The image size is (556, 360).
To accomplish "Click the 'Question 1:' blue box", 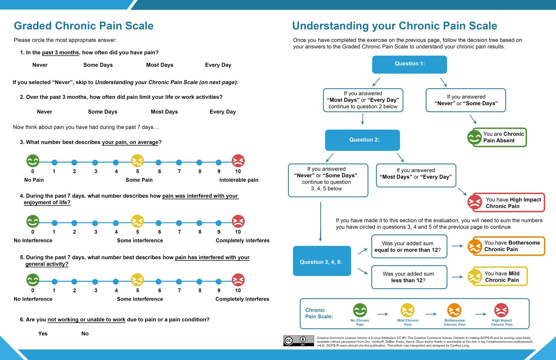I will coord(409,64).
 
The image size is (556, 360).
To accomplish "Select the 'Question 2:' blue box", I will coord(362,140).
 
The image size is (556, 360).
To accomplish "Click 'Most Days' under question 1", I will coord(160,65).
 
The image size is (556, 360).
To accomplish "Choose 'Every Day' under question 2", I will coord(223,112).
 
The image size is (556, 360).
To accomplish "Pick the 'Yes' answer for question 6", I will coord(43,334).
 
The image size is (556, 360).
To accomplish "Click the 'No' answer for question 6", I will coord(85,334).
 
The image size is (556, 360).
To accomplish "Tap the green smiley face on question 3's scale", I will coord(33,161).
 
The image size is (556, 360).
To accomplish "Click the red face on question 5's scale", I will coord(238,280).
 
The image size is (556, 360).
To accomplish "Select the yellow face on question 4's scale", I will coord(137,221).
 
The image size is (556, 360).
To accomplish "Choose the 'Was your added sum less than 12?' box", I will coord(409,277).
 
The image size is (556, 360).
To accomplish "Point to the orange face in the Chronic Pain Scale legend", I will coord(454,310).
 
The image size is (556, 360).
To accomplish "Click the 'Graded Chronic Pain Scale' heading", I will coord(84,26).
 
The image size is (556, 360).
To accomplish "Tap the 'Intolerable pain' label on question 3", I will coord(239,180).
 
